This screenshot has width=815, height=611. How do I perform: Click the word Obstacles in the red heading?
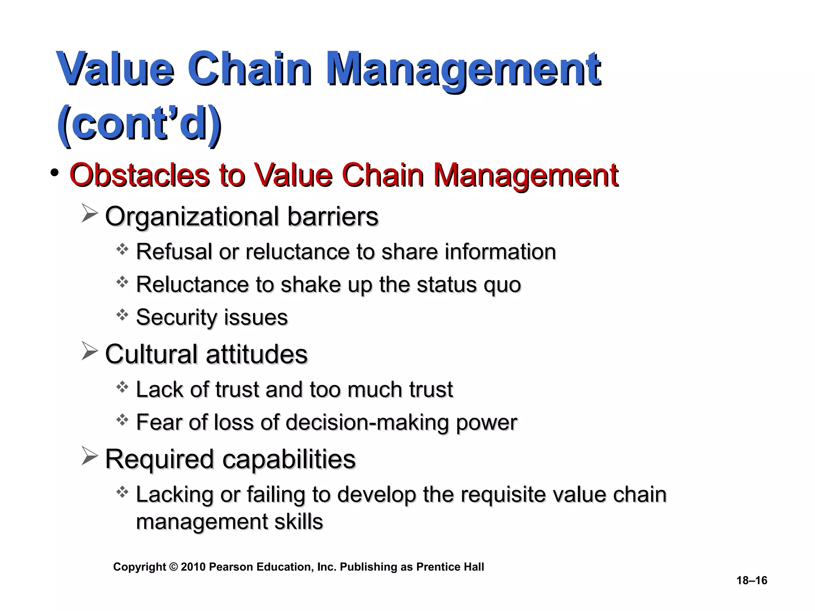(139, 175)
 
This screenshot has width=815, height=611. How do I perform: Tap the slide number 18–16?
(752, 580)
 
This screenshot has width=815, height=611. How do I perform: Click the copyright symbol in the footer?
(173, 567)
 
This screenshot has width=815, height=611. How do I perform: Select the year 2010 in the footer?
(193, 567)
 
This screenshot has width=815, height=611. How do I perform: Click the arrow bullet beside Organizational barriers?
(90, 213)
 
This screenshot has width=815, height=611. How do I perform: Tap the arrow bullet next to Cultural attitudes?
(90, 351)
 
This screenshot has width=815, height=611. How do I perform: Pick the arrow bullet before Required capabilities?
(90, 456)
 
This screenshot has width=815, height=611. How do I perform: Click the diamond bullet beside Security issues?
(122, 315)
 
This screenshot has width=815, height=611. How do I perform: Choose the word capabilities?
(289, 459)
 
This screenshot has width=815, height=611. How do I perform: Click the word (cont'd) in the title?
(139, 123)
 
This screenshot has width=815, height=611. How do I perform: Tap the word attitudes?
(257, 354)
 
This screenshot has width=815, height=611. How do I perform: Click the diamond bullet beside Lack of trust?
(122, 387)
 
